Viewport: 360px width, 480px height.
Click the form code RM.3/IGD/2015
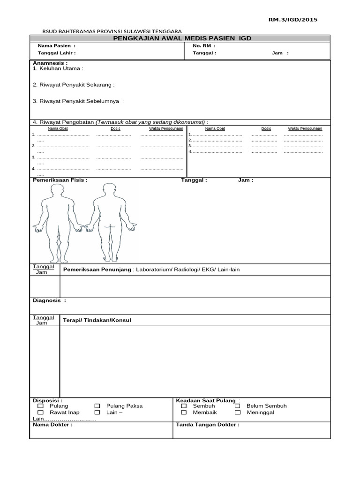click(x=292, y=20)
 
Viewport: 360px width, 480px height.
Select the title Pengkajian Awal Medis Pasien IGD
click(x=182, y=38)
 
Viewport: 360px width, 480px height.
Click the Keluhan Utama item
click(x=58, y=68)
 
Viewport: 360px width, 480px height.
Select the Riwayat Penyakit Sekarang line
click(x=74, y=85)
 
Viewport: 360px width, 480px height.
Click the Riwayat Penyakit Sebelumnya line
click(x=78, y=101)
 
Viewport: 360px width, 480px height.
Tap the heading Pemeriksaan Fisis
click(x=60, y=180)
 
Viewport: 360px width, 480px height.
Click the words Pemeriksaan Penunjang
click(x=97, y=270)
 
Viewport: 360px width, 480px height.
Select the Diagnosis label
click(x=49, y=300)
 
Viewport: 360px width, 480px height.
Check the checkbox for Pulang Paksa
click(x=97, y=406)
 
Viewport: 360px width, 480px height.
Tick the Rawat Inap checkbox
click(x=40, y=412)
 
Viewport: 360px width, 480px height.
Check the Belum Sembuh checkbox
click(x=238, y=406)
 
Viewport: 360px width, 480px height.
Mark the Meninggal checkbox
click(x=238, y=412)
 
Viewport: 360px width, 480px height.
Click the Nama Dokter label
click(x=52, y=425)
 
